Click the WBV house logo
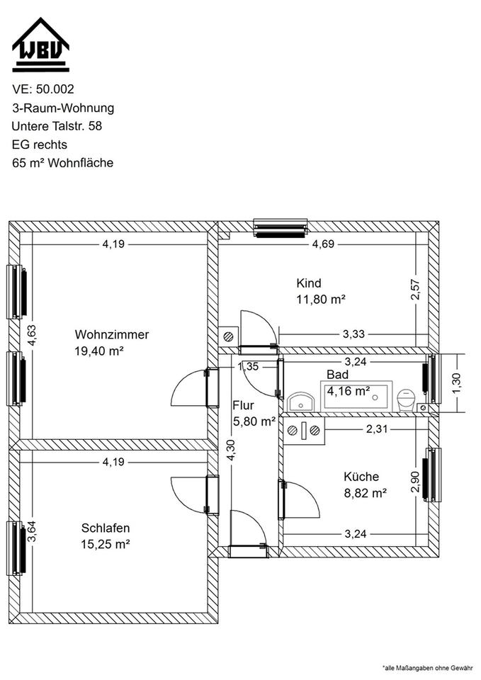tap(41, 45)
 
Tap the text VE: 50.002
tap(43, 89)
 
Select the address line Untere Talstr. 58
tap(57, 126)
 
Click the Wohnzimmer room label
tap(112, 335)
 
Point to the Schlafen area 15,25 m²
tap(106, 544)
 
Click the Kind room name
tap(309, 283)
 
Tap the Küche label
tap(361, 477)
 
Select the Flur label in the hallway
tap(243, 405)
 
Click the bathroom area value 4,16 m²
tap(349, 391)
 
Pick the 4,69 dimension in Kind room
tap(324, 244)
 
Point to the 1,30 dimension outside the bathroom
tap(456, 383)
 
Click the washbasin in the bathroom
tap(301, 402)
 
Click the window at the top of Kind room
tap(281, 228)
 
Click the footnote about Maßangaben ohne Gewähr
tap(428, 668)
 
